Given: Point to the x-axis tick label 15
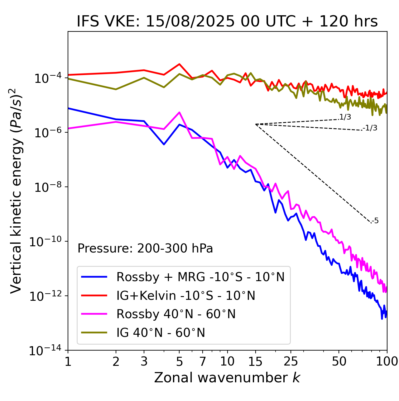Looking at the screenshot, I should (255, 361).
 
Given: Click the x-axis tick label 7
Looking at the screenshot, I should (203, 361).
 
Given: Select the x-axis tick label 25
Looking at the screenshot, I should (291, 361).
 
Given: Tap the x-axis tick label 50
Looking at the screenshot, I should (339, 361).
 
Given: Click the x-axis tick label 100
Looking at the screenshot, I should (387, 361).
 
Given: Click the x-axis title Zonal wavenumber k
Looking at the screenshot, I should (227, 378).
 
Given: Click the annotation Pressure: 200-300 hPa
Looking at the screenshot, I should (145, 248).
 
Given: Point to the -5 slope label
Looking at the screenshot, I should (375, 221).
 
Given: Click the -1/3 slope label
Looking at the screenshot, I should (370, 128).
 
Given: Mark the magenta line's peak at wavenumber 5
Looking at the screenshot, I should (179, 112).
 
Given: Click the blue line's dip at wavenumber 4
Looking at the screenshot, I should (164, 144).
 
